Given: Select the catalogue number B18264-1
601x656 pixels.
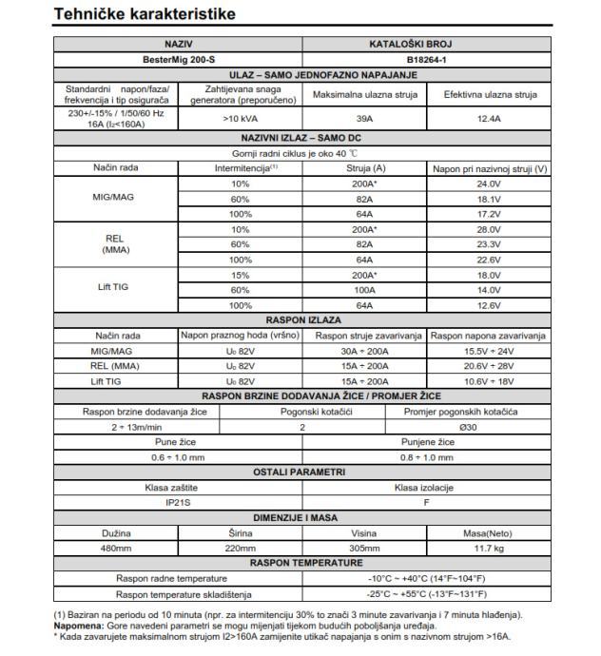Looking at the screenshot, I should (424, 59).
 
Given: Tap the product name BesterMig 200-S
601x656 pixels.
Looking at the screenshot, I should (178, 59).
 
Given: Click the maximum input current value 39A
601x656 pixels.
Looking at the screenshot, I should (363, 121).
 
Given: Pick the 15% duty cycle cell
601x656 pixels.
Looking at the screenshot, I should (240, 274).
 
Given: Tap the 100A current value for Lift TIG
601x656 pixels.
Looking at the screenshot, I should (363, 289).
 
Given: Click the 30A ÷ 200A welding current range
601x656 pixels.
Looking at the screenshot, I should (363, 351).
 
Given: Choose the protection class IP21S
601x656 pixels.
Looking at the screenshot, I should (178, 502).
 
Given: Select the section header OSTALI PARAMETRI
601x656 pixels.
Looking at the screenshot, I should (301, 472).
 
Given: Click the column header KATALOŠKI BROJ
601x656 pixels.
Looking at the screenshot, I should (424, 44).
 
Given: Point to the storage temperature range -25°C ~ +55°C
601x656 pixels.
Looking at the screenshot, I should (424, 594).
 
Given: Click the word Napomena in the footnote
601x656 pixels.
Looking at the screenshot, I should (80, 627).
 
